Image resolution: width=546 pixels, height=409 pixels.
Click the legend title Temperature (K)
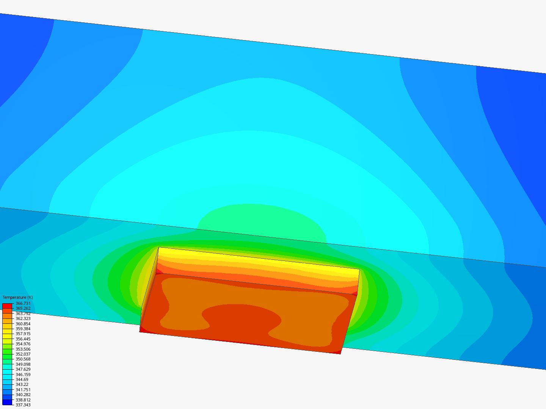(x=18, y=297)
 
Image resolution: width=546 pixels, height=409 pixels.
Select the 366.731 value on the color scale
(x=23, y=303)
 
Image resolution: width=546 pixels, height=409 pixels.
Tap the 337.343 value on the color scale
(x=23, y=405)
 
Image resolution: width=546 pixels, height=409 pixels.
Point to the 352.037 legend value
(x=23, y=354)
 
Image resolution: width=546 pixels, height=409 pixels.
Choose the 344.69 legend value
(x=22, y=379)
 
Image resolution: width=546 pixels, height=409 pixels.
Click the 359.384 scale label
(x=23, y=329)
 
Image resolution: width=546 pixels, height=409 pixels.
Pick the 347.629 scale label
(x=23, y=369)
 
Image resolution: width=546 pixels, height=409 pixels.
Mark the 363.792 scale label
(x=23, y=314)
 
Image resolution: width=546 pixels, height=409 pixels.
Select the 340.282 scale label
(x=23, y=395)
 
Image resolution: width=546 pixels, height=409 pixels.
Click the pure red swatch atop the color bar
(x=7, y=306)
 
